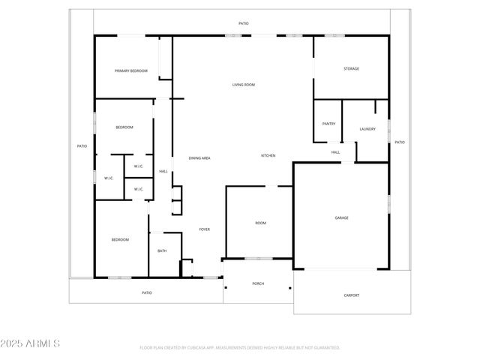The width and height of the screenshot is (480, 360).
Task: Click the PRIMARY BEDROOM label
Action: (130, 70)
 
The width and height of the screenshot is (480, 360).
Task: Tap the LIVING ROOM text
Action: (243, 85)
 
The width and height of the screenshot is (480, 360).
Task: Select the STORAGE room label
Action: (351, 69)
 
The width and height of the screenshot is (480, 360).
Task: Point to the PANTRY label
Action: (328, 124)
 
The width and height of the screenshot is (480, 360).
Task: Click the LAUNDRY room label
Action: (367, 129)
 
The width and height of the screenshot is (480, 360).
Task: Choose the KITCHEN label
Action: (268, 155)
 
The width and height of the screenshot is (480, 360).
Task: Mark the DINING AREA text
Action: (199, 158)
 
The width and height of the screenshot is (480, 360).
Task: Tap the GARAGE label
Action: (341, 218)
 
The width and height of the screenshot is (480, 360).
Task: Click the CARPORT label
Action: (351, 295)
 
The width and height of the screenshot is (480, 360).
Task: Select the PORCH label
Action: (258, 283)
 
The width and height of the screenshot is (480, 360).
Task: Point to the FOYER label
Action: (204, 229)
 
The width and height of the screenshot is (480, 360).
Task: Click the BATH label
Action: (162, 251)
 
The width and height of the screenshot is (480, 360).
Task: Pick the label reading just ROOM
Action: (260, 223)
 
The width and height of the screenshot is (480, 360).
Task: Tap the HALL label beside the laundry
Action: (335, 152)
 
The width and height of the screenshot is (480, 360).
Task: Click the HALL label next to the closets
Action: (163, 172)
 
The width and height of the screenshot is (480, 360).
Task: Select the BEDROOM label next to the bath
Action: (120, 240)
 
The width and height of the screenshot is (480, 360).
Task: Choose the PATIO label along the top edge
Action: (243, 24)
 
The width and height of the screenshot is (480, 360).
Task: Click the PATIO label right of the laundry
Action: (400, 142)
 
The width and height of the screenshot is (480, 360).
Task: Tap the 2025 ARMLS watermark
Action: (31, 343)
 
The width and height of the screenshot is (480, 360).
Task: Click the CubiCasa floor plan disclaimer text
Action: (240, 348)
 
